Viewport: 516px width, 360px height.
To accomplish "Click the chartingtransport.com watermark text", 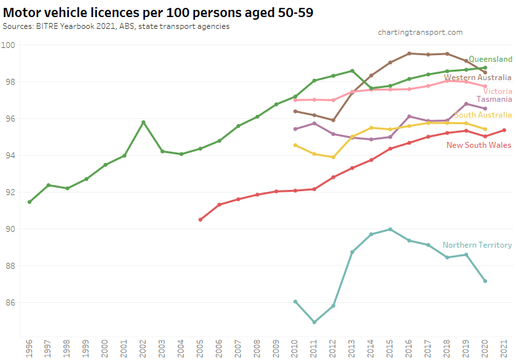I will pos(421,32).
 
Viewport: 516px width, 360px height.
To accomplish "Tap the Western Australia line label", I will pos(477,78).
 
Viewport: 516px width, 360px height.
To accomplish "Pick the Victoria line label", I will pos(498,91).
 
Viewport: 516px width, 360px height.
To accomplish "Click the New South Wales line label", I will pos(479,145).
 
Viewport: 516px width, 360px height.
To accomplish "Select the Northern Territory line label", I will pos(477,245).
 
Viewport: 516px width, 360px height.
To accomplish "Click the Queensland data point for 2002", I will pos(143,122).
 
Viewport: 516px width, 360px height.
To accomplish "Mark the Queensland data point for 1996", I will pos(30,202).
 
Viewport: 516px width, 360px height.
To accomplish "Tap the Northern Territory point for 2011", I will pos(314,322).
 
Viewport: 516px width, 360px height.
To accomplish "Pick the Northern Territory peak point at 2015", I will pos(391,229).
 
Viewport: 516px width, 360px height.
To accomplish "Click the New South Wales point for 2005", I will pos(200,219).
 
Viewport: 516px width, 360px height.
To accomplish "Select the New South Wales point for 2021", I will pos(504,130).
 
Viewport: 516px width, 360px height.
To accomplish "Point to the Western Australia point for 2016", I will pos(409,53).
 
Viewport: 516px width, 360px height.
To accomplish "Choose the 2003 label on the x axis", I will pos(162,348).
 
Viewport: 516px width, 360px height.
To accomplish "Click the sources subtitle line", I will pos(116,26).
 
